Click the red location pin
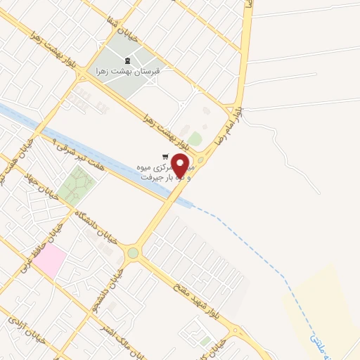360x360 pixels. click(182, 166)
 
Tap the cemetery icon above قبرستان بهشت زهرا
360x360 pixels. click(127, 60)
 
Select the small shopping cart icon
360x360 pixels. click(165, 157)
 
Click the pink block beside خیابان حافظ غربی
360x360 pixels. click(49, 262)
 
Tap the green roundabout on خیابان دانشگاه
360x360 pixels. click(133, 252)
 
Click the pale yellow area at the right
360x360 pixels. click(323, 302)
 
